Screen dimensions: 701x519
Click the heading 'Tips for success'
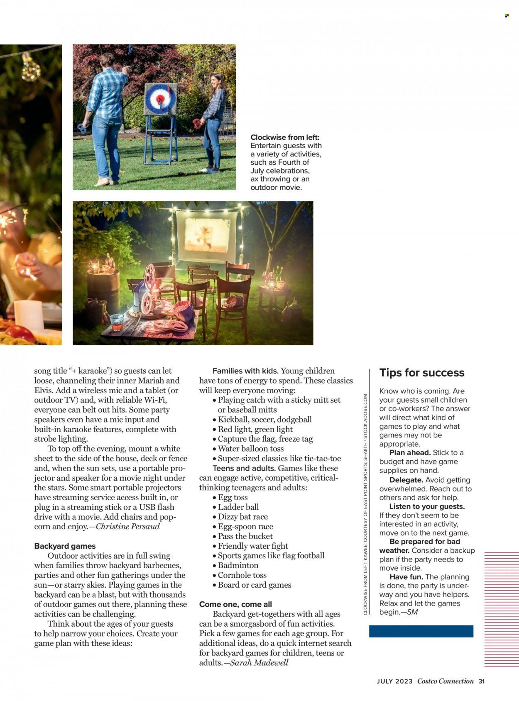point(421,373)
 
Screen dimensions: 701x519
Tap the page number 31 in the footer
point(482,681)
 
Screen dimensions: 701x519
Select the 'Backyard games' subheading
point(65,546)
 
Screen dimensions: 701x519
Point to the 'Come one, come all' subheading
point(235,604)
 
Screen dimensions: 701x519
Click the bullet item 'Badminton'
point(238,565)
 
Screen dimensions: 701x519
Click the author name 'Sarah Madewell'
point(259,662)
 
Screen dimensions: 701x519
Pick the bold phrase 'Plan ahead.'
point(409,453)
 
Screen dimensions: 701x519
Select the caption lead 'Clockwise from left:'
point(285,137)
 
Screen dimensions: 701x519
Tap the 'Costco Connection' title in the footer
point(445,681)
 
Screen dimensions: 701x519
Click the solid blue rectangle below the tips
point(421,631)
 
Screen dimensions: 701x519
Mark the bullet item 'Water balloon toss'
point(250,449)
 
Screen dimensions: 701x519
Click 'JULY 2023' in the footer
point(394,681)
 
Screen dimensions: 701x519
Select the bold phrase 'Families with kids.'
point(245,371)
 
